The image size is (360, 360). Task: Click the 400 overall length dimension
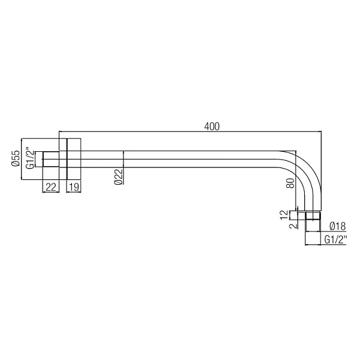click(x=212, y=126)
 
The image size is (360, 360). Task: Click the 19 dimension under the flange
click(x=73, y=187)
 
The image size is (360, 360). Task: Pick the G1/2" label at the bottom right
click(x=336, y=239)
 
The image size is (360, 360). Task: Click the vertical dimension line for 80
click(x=296, y=180)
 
